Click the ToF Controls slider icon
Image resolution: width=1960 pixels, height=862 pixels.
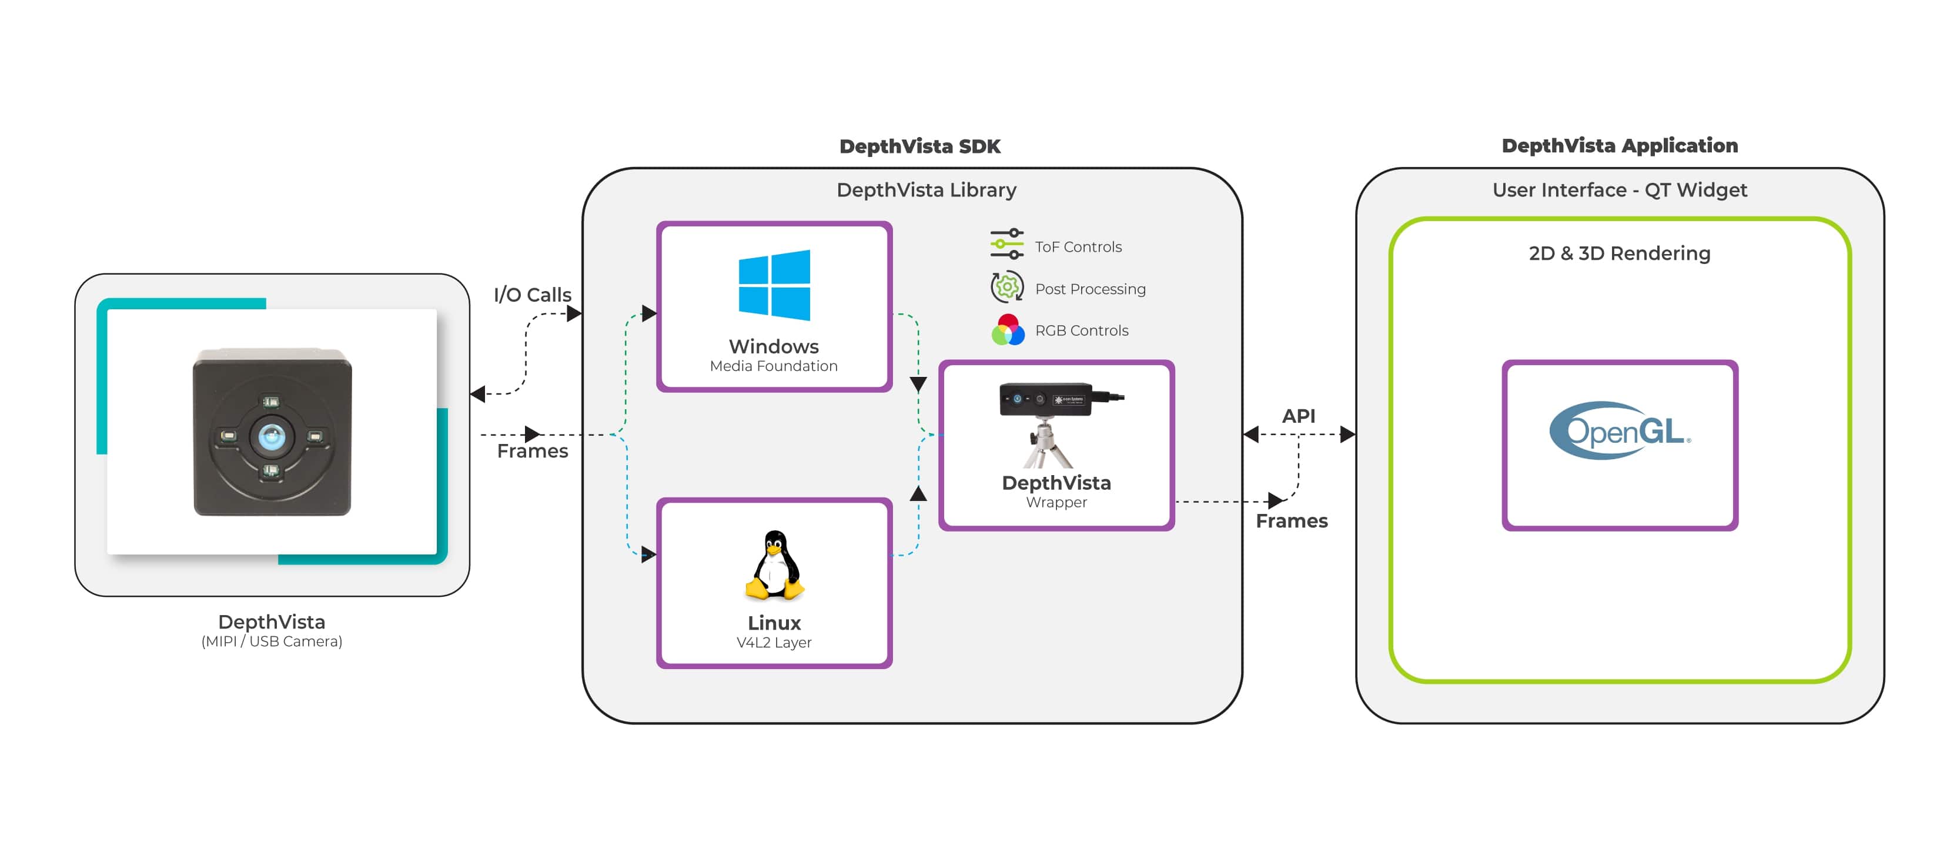click(x=1006, y=243)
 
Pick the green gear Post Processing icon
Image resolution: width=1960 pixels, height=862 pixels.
click(x=1006, y=287)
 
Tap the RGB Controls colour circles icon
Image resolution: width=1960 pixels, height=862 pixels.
click(x=1008, y=329)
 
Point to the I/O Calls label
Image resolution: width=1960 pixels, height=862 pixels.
click(x=532, y=295)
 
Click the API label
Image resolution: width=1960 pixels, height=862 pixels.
click(x=1297, y=415)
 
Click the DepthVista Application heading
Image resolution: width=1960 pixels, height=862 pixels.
click(x=1619, y=145)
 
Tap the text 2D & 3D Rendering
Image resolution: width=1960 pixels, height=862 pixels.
click(x=1619, y=253)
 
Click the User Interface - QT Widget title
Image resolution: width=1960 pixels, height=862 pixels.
click(x=1619, y=189)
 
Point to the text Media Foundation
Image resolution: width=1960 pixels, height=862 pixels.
click(x=773, y=366)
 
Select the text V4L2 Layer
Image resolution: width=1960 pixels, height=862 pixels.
click(x=773, y=642)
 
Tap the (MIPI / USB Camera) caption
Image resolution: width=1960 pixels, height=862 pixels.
click(x=272, y=642)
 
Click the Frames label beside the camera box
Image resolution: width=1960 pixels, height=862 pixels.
click(x=532, y=451)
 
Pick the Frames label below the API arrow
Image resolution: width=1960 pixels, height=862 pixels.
click(x=1291, y=521)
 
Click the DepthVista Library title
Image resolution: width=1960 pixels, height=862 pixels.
click(x=925, y=189)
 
